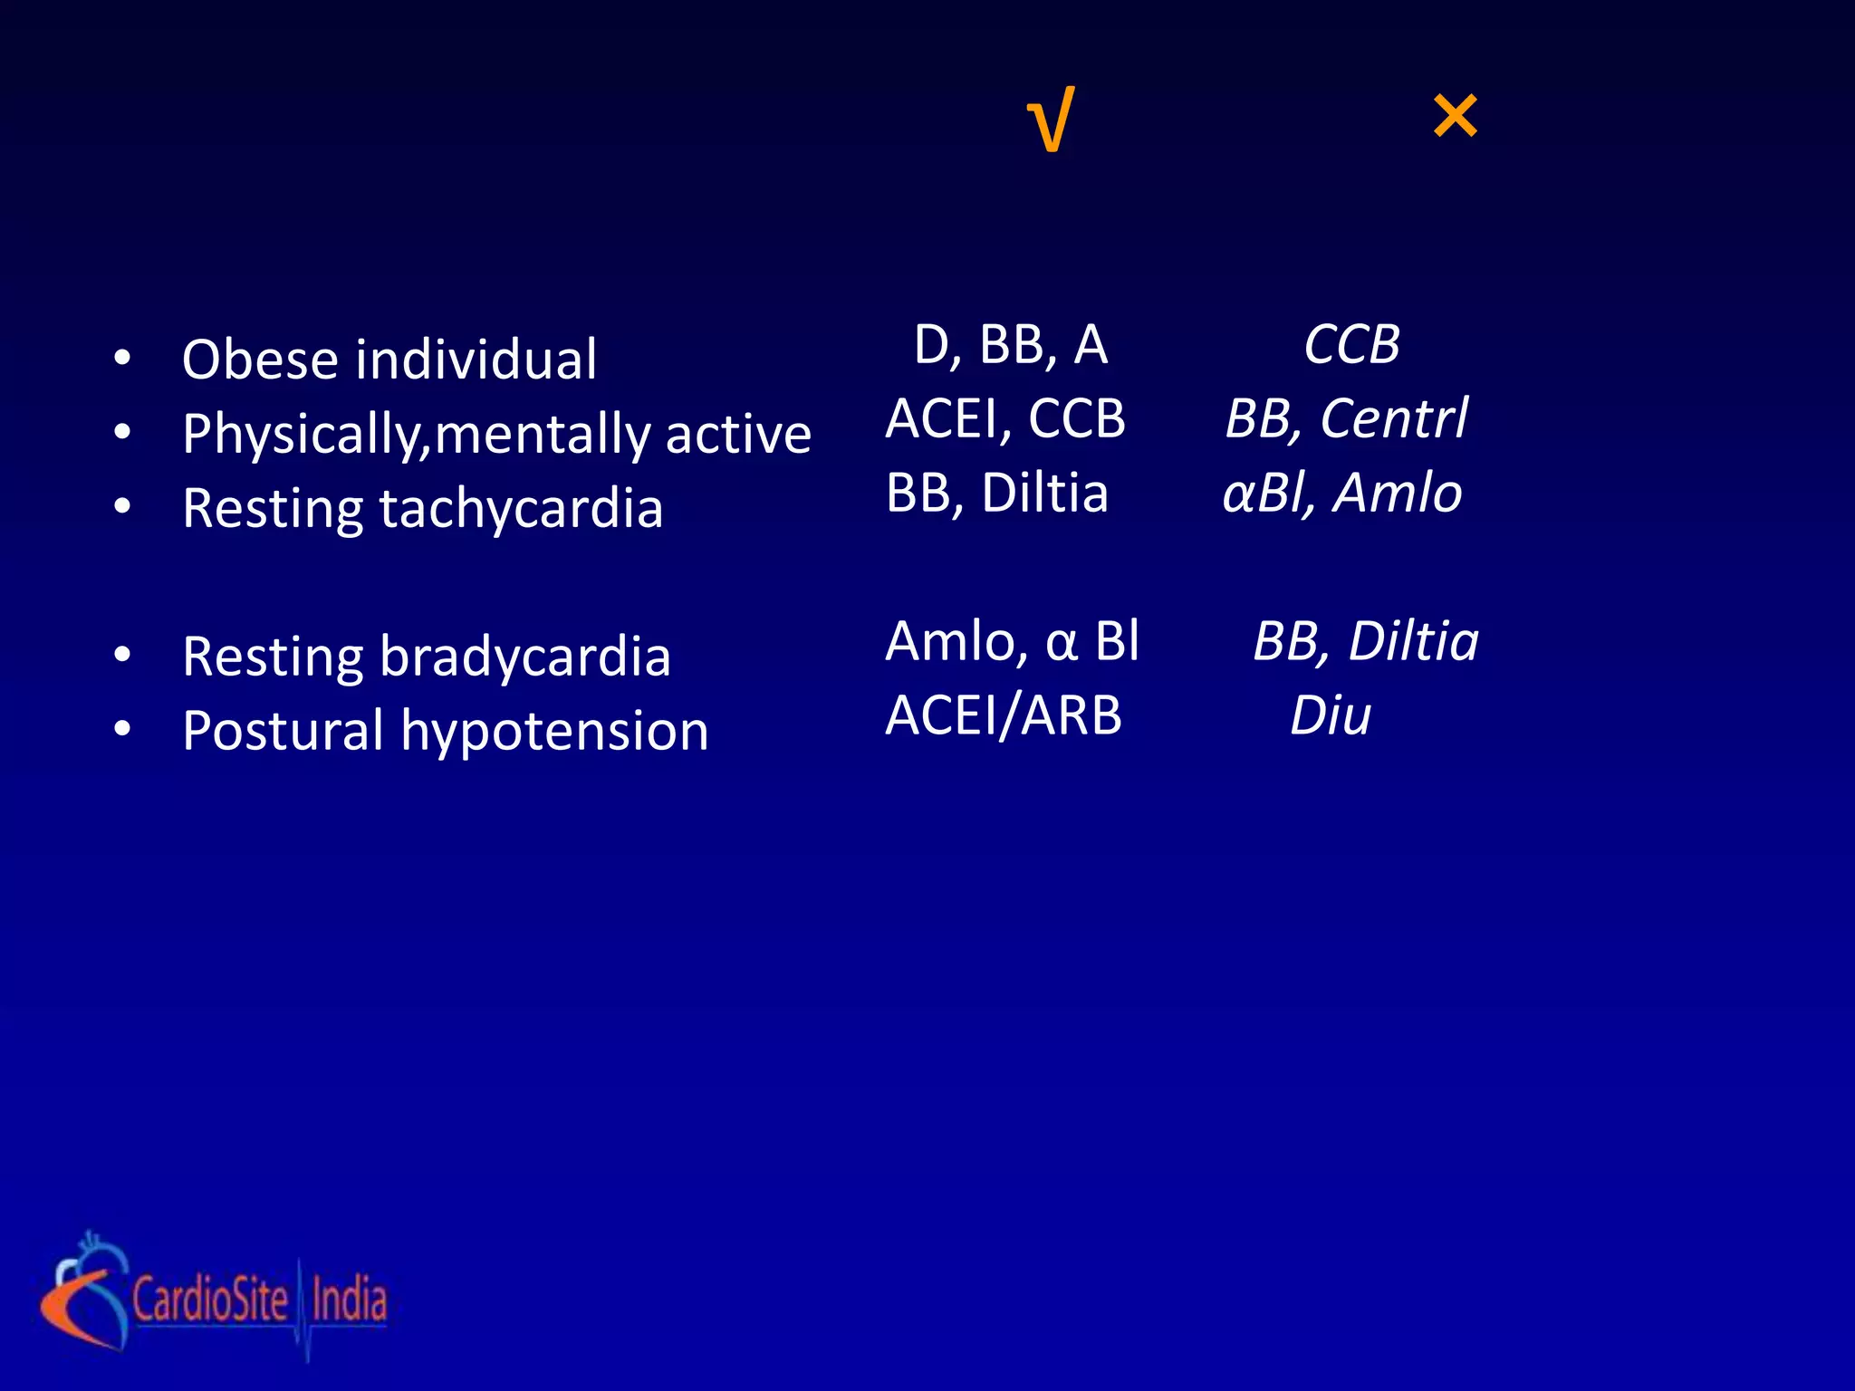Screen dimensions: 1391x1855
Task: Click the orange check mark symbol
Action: tap(1052, 120)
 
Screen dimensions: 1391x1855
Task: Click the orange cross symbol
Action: tap(1455, 117)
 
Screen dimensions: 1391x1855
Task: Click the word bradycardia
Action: tap(525, 657)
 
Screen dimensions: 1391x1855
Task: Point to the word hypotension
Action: tap(554, 732)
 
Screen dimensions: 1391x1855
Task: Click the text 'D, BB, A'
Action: tap(1010, 346)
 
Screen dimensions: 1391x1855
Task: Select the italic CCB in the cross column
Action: tap(1351, 346)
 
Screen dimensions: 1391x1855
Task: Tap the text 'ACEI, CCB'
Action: tap(1005, 419)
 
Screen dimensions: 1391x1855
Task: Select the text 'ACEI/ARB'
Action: tap(1004, 716)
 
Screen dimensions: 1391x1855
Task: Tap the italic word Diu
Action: tap(1330, 716)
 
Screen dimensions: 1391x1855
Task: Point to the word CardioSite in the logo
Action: tap(210, 1300)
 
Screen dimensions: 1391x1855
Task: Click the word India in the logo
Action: tap(349, 1300)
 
